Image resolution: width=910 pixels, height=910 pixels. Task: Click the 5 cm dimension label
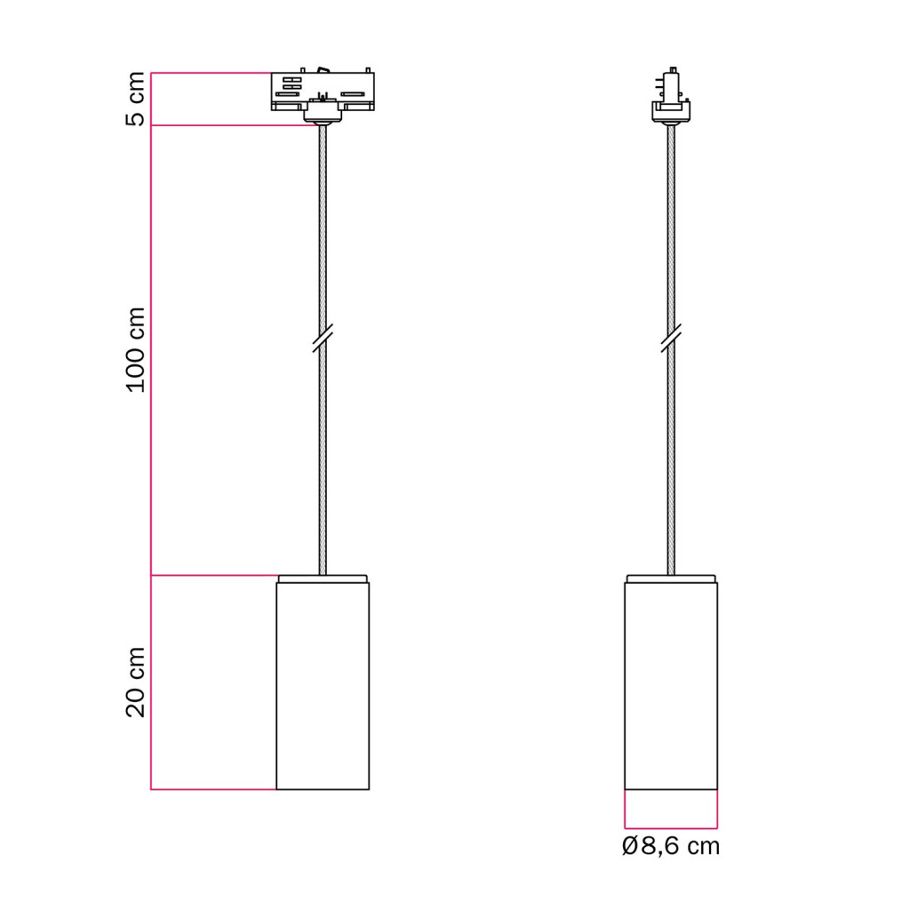click(135, 99)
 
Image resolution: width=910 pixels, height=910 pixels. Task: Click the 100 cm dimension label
click(135, 350)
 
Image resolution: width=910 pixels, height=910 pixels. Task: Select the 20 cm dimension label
click(135, 682)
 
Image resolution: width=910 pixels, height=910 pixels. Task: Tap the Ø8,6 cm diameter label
click(670, 846)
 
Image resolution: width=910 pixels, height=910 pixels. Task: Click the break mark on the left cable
click(323, 339)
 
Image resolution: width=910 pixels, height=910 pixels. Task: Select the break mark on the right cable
click(671, 339)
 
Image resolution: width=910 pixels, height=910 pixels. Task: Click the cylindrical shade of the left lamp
click(323, 686)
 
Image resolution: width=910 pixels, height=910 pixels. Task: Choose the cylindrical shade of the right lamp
click(671, 686)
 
